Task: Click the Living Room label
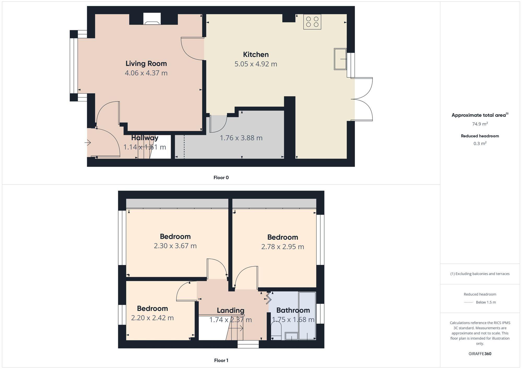pos(146,64)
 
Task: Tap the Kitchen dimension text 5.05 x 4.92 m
pos(256,64)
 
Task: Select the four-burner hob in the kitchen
pos(312,22)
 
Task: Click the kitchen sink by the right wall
pos(340,59)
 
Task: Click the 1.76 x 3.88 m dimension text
pos(241,138)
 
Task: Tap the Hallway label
pos(145,138)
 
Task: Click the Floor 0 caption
pos(221,178)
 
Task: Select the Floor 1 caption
pos(221,360)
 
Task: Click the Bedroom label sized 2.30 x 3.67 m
pos(175,237)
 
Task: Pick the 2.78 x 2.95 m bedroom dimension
pos(283,247)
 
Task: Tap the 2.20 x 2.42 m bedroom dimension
pos(152,318)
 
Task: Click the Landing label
pos(230,310)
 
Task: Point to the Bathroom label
pos(293,310)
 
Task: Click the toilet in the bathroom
pos(276,331)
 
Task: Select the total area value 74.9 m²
pos(480,124)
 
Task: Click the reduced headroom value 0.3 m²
pos(480,143)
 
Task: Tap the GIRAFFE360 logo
pos(480,354)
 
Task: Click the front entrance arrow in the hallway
pos(88,143)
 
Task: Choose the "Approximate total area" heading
pos(479,115)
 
